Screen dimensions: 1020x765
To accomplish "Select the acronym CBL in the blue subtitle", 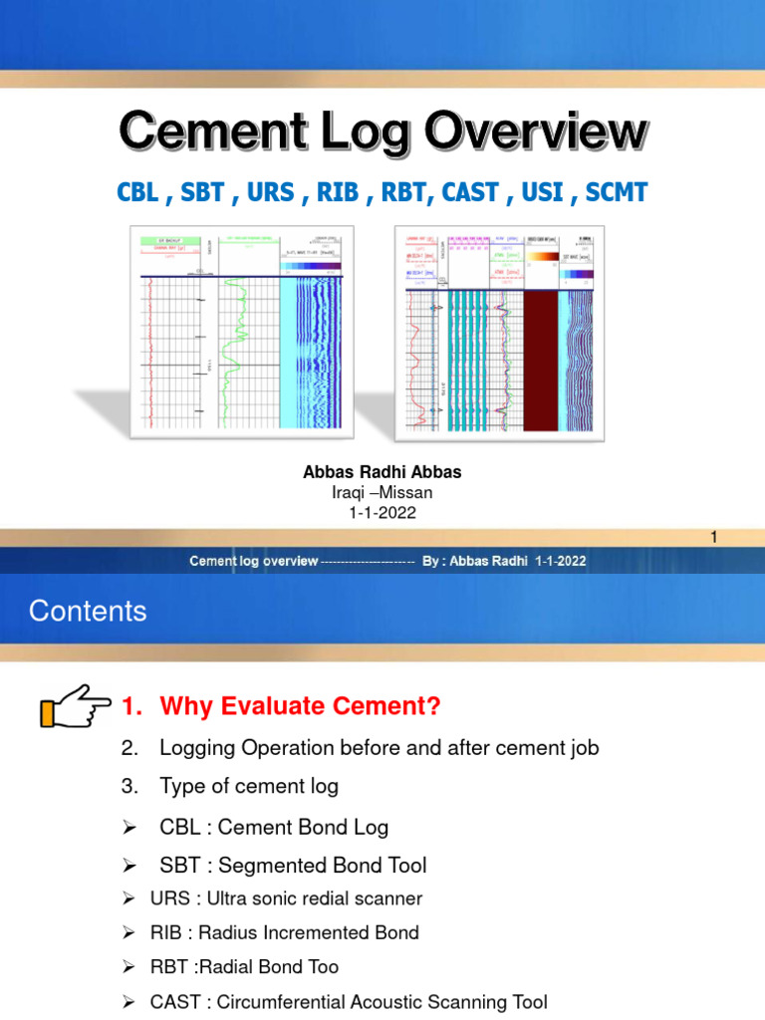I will coord(137,191).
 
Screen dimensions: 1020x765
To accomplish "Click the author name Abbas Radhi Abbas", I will coord(382,473).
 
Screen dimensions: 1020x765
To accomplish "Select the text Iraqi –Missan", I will coord(382,493).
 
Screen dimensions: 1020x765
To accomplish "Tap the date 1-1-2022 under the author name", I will coord(382,513).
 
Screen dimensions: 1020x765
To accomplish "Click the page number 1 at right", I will coord(713,538).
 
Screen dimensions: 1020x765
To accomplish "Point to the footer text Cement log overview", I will coord(254,561).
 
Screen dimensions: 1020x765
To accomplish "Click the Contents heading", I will coord(88,611).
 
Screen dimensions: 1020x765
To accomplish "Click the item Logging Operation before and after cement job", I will coord(379,747).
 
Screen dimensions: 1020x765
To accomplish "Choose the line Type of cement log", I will coord(249,786).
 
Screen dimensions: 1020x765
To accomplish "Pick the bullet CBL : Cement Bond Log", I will coord(274,827).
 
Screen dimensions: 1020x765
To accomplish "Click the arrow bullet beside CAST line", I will coord(127,1002).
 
